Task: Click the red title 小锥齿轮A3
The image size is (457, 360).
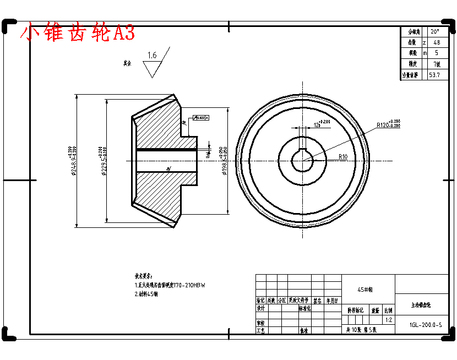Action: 77,33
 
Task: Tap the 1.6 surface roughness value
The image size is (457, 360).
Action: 152,55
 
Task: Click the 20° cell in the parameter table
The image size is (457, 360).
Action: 435,32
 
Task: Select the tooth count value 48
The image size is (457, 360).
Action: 437,42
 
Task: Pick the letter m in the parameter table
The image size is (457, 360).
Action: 425,53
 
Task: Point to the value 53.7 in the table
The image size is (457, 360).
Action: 434,75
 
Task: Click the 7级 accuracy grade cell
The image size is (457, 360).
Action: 437,64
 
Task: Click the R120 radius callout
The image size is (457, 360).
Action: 388,125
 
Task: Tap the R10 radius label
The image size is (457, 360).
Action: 343,157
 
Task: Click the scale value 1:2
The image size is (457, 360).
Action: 389,320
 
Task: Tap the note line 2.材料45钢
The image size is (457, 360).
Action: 146,294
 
